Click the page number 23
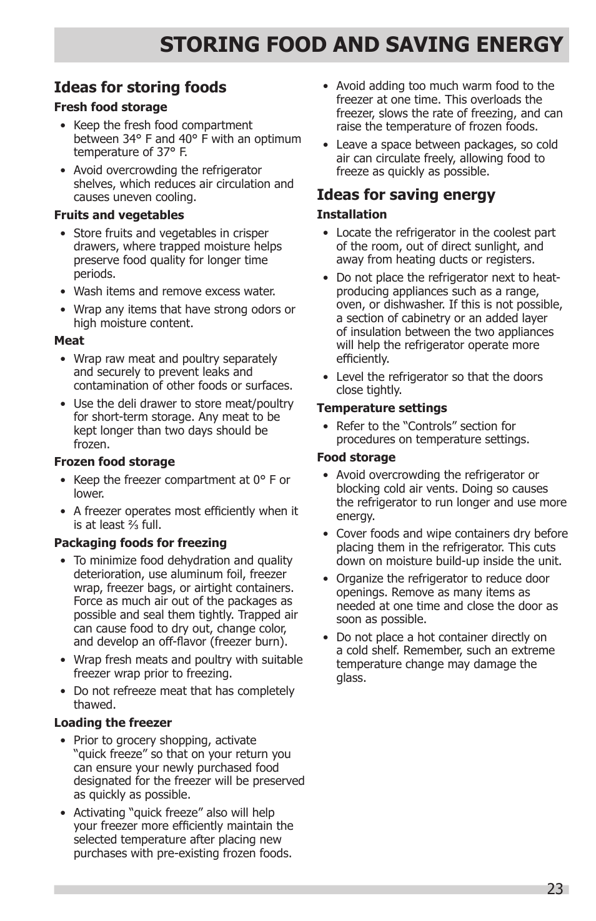click(554, 889)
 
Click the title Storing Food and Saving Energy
click(361, 45)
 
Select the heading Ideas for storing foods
click(140, 87)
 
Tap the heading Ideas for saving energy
click(405, 195)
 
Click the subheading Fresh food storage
click(111, 107)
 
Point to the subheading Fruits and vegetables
click(119, 215)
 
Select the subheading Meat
click(69, 341)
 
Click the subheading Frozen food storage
click(114, 462)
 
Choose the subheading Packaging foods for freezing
click(140, 543)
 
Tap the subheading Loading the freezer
click(112, 723)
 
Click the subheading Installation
click(351, 215)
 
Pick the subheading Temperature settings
click(382, 408)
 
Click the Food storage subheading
click(355, 458)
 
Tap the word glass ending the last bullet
click(350, 678)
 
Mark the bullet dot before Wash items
click(63, 292)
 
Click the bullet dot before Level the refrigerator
click(325, 377)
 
